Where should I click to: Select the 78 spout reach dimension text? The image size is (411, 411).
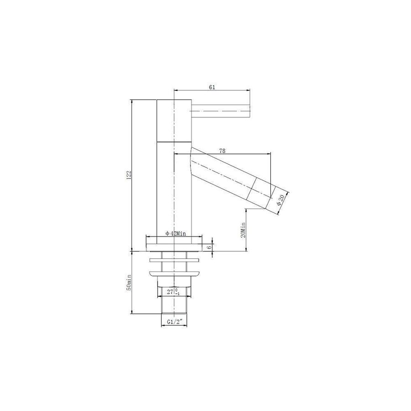click(222, 151)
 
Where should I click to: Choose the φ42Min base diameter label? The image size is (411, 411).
click(174, 233)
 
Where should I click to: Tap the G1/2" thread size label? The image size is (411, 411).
click(174, 321)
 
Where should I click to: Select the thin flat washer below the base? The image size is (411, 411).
click(174, 261)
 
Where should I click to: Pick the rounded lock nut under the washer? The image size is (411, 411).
click(174, 274)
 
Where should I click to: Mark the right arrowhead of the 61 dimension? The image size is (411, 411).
click(249, 90)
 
